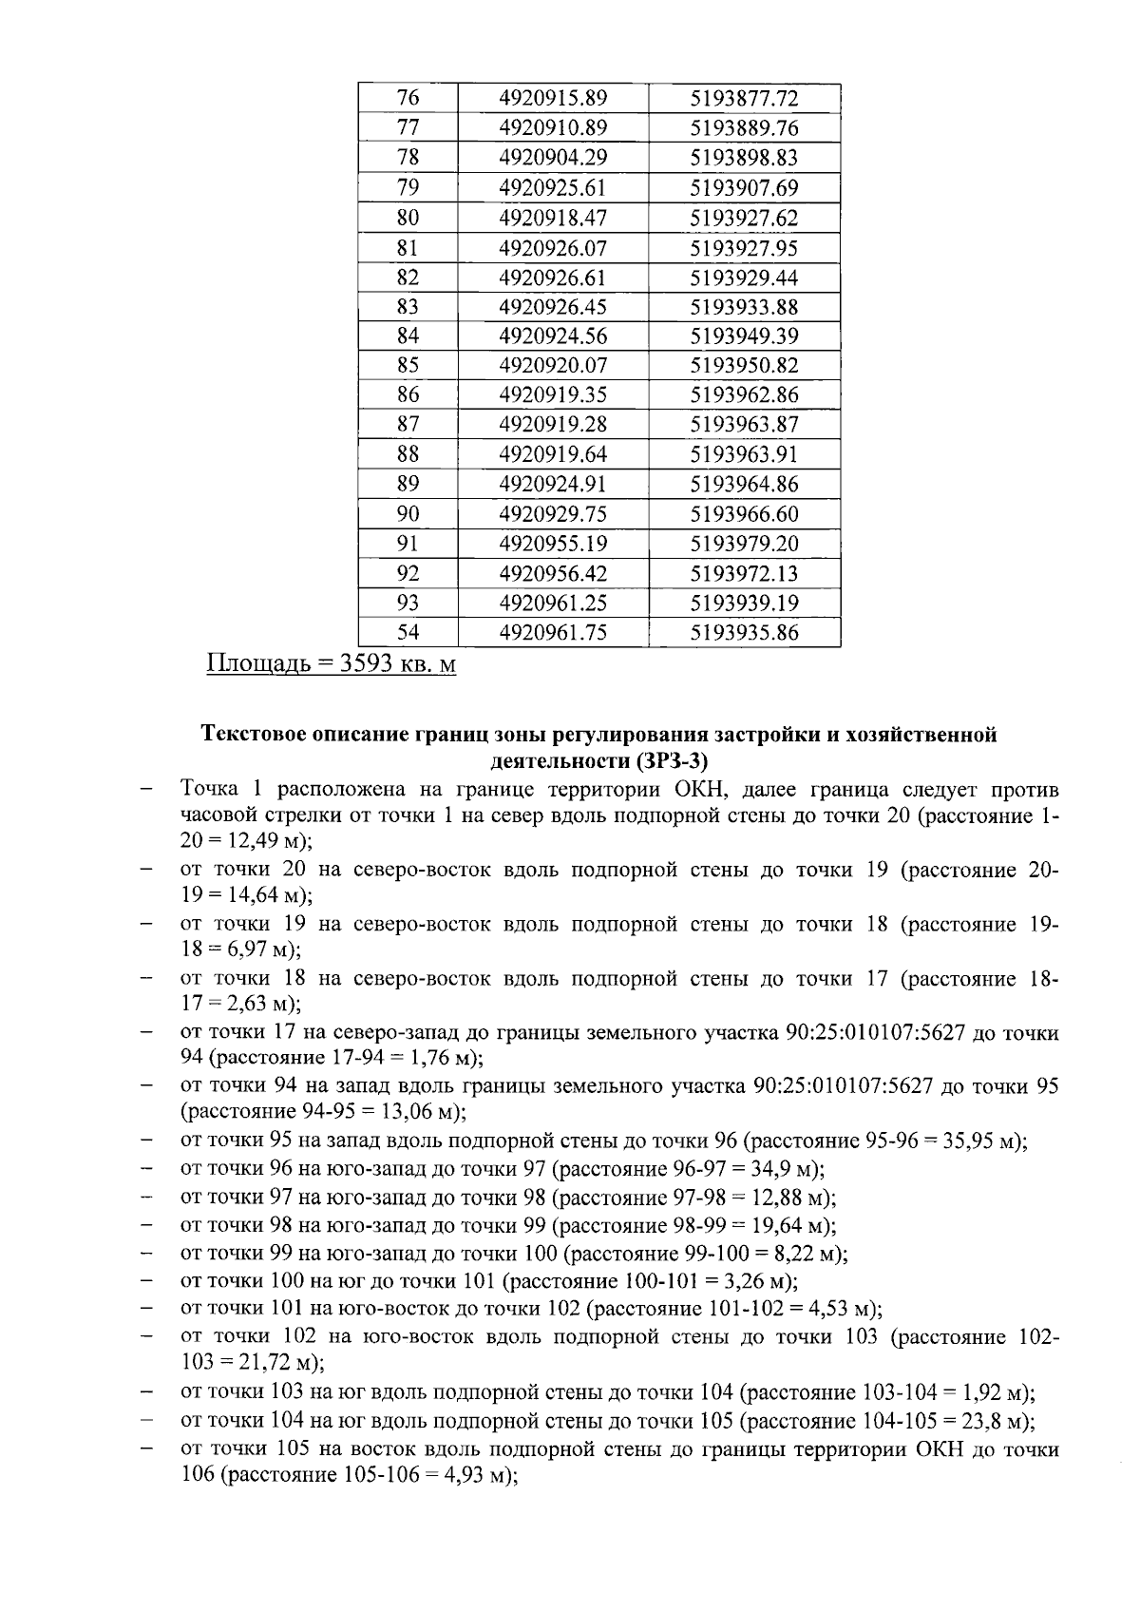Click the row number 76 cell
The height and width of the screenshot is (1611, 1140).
coord(408,99)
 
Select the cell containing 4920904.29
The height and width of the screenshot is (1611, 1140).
coord(553,158)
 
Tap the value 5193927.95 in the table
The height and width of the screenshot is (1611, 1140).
coord(744,248)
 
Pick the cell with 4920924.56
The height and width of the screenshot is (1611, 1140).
coord(553,336)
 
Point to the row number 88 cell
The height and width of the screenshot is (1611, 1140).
coord(408,453)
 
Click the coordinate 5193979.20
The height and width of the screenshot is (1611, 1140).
coord(744,544)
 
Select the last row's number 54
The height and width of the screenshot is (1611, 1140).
coord(408,633)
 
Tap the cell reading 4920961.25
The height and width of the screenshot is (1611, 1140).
coord(553,603)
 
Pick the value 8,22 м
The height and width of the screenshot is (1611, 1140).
coord(804,1253)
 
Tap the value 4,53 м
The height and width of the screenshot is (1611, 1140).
coord(838,1309)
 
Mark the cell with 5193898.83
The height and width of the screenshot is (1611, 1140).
coord(744,158)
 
